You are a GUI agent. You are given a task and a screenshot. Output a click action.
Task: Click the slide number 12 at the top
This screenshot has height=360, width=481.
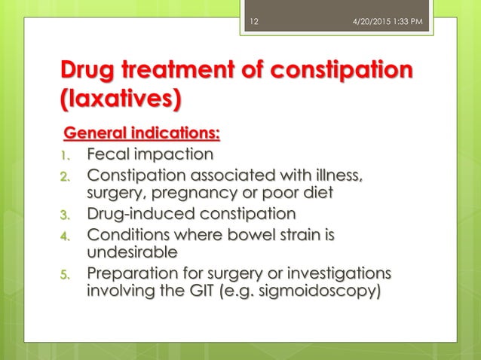pos(254,8)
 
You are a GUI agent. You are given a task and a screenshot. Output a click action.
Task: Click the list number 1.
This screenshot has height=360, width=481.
pos(66,156)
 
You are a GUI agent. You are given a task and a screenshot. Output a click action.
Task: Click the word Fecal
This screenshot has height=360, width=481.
pos(109,155)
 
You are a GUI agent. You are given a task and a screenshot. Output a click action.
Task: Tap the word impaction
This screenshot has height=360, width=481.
pos(174,155)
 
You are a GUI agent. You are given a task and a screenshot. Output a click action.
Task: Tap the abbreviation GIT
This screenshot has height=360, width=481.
pos(192,290)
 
